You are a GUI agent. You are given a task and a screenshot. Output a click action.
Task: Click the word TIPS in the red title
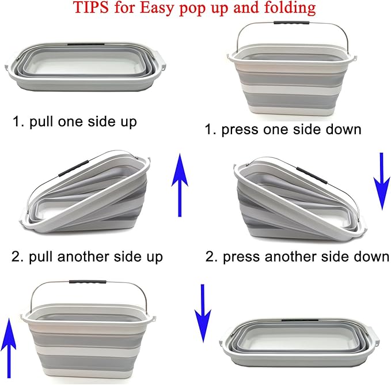pos(91,7)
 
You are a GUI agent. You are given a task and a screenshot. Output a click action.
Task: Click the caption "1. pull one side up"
pos(75,122)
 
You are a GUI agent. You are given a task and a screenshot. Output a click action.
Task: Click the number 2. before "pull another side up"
pos(17,256)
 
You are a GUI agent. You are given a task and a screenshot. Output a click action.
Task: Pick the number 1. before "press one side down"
pos(211,130)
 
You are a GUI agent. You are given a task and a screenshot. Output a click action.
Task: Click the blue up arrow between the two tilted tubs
pos(180,185)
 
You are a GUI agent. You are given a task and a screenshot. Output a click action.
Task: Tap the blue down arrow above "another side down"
pos(381,182)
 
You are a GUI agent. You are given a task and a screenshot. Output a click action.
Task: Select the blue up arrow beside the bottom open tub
pos(9,348)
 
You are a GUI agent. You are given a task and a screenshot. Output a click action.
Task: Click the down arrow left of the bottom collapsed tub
pos(203,313)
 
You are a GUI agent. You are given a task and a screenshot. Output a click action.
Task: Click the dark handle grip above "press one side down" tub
pos(291,22)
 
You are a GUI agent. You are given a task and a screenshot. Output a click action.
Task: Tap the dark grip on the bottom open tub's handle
pos(88,282)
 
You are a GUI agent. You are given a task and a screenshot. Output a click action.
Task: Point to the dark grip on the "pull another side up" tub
pos(73,168)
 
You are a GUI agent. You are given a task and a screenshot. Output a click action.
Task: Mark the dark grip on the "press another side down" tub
pos(312,176)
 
